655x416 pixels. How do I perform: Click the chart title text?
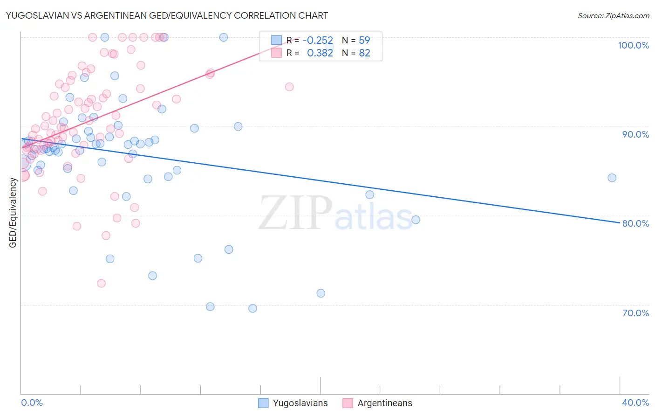[167, 15]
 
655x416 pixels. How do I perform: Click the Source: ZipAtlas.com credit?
[613, 15]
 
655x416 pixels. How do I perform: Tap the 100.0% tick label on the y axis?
[633, 45]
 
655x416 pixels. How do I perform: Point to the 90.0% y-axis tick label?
[635, 134]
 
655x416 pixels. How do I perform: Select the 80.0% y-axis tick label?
[635, 223]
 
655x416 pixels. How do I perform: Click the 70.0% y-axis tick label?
[635, 313]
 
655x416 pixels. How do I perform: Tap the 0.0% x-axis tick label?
[32, 402]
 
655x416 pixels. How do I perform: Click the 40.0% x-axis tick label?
[635, 402]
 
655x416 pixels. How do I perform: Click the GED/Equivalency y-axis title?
[13, 213]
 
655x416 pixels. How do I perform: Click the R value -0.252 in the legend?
[318, 41]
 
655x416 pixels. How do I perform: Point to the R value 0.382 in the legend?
[320, 53]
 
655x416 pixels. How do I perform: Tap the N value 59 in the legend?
[364, 41]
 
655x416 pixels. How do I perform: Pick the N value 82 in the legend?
[364, 53]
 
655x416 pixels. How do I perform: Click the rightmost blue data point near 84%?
[612, 178]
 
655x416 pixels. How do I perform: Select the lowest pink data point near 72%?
[101, 283]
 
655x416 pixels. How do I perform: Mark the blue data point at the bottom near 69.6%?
[252, 308]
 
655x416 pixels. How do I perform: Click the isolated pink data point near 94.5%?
[289, 87]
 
